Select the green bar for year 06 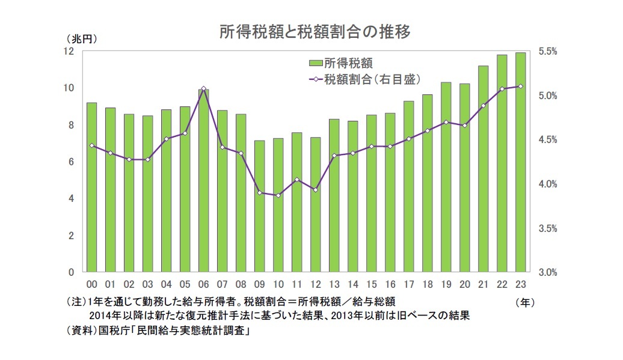point(203,180)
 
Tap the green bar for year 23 point(520,162)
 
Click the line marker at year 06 point(203,88)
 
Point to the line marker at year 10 point(278,195)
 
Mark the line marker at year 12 point(315,190)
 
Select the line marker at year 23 point(520,86)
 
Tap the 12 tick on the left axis point(70,51)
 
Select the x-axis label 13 point(334,284)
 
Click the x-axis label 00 point(91,284)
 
